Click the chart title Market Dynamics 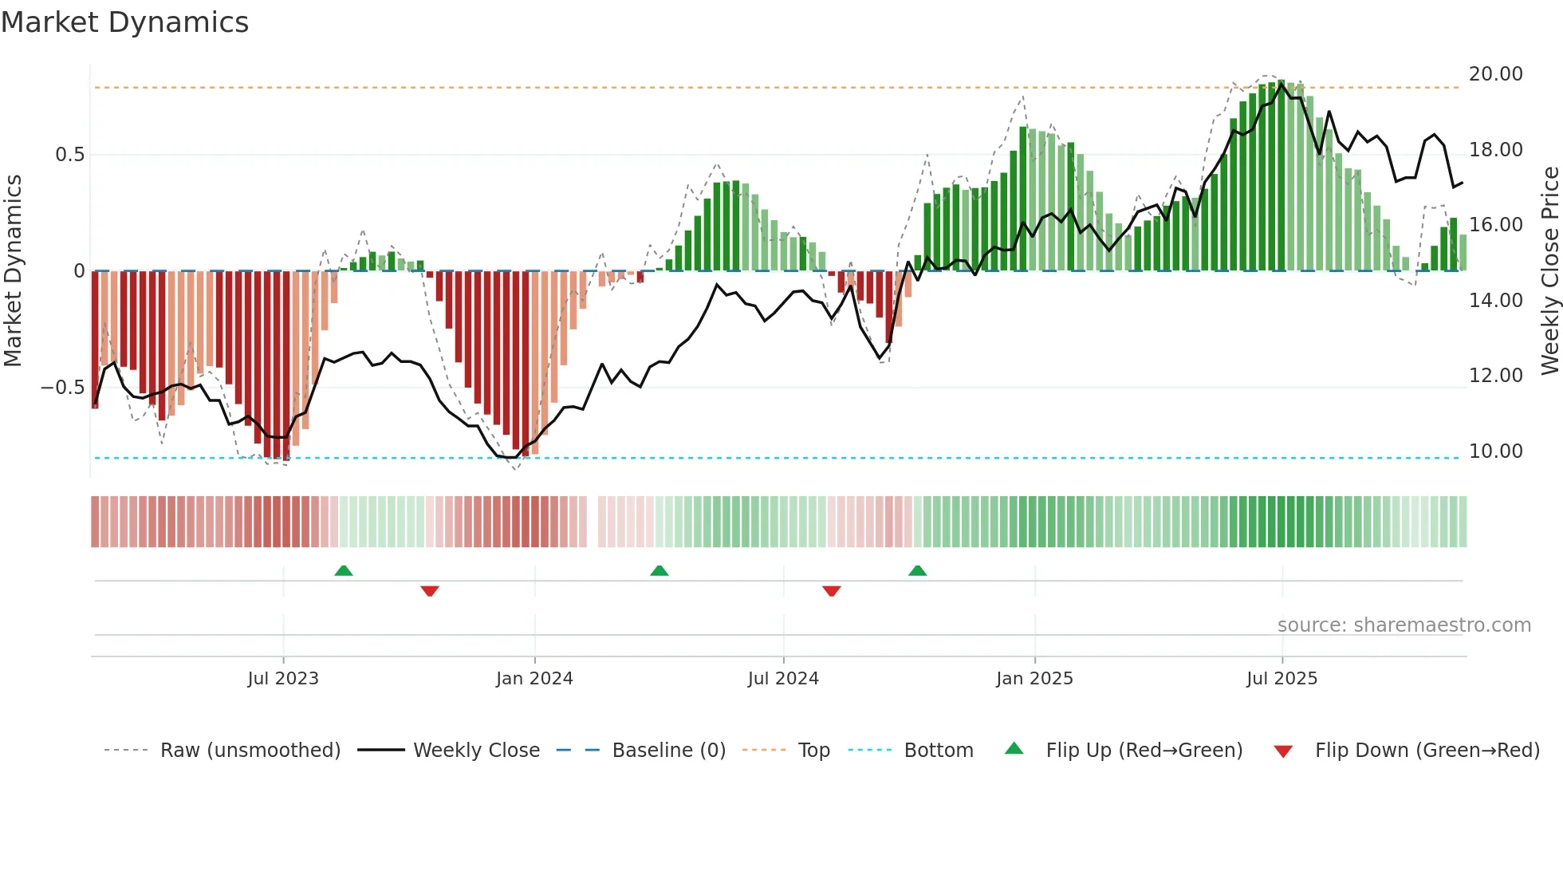(x=125, y=22)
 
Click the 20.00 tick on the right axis (x=1495, y=74)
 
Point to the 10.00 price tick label (x=1495, y=451)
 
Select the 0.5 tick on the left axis (x=69, y=155)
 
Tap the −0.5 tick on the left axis (x=63, y=388)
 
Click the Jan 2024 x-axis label (x=534, y=679)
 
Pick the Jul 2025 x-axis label (x=1282, y=679)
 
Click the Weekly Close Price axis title (x=1549, y=271)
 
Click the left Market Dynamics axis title (x=13, y=271)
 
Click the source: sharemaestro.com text (x=1404, y=625)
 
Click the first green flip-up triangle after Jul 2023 (x=344, y=571)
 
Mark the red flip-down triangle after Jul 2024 (x=831, y=591)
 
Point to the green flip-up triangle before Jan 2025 (x=917, y=571)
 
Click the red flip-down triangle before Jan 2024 (x=430, y=591)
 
